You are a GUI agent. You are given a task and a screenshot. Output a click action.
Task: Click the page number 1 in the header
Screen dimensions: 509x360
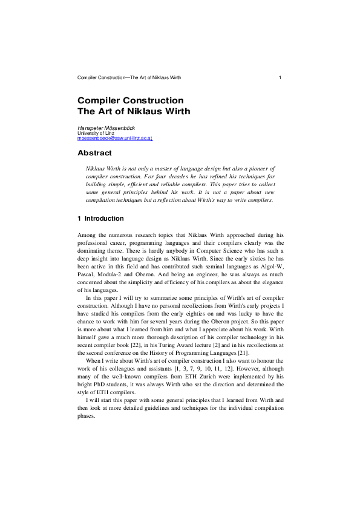point(280,78)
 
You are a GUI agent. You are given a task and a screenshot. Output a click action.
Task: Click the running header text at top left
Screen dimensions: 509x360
point(129,78)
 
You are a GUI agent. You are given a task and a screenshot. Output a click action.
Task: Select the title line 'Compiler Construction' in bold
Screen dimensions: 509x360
point(130,100)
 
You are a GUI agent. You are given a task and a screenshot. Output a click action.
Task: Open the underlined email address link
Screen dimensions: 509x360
point(115,138)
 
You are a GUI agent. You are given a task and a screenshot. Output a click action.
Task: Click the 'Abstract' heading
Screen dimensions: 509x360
point(95,153)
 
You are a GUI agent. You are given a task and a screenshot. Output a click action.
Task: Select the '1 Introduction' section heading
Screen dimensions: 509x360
point(100,218)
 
